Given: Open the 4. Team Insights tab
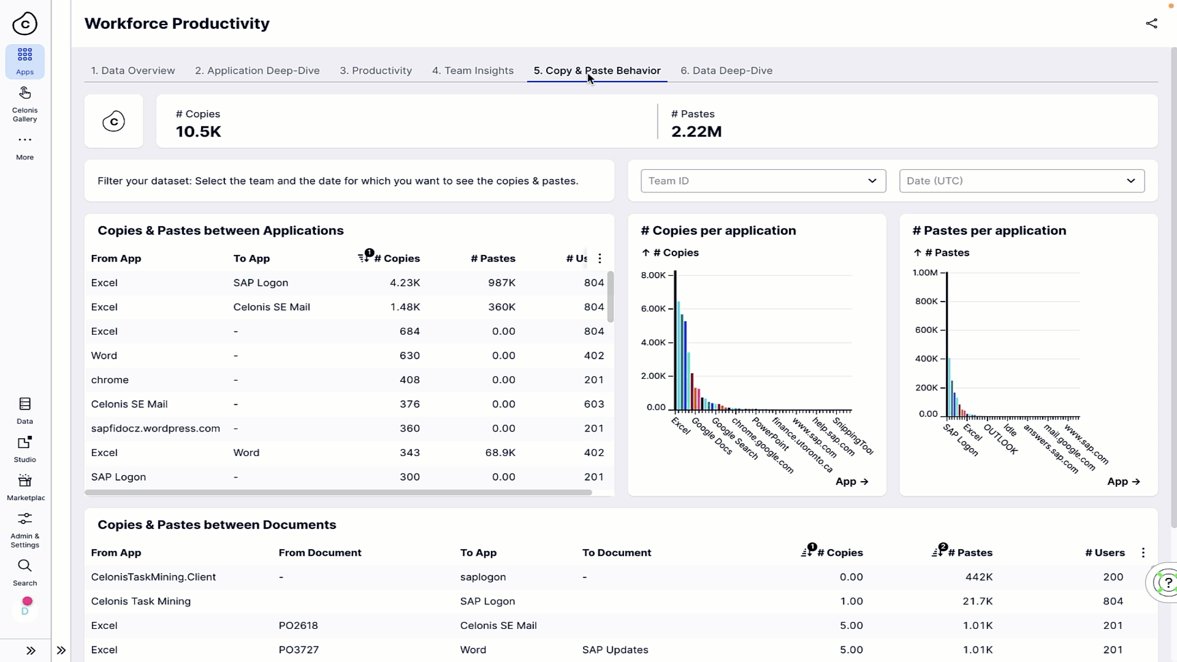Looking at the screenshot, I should pos(473,70).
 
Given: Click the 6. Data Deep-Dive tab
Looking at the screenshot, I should pos(726,70).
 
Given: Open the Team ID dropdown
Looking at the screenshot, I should pos(763,181).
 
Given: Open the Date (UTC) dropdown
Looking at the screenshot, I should pos(1021,181).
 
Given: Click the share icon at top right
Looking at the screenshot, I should pos(1151,23).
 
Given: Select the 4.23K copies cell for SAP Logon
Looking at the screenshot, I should pos(405,283).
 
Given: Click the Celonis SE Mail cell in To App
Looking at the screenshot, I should pos(272,307).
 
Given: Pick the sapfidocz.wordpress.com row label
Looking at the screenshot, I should pos(155,428).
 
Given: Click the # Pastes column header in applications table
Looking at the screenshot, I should pos(493,259).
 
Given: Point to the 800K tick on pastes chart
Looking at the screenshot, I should pos(926,301).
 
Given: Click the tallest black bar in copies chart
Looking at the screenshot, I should pos(675,340).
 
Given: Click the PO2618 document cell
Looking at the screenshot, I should pos(298,625).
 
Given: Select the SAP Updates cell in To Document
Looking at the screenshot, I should pos(615,650).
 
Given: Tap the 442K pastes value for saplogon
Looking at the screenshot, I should pos(978,577).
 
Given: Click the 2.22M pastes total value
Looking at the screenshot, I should pos(696,132).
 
